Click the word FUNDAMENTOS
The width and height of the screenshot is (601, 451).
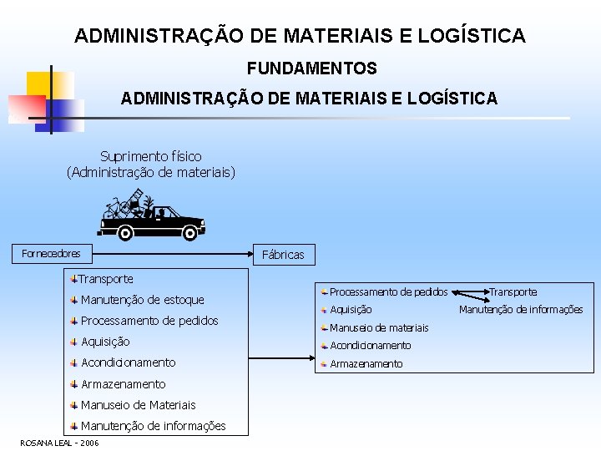[311, 68]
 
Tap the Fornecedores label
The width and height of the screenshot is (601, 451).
[51, 253]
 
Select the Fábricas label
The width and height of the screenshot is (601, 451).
[283, 255]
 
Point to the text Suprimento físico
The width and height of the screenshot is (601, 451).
[150, 156]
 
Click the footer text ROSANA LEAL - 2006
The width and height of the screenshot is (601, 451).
[59, 443]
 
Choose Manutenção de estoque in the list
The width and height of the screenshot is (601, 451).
[142, 300]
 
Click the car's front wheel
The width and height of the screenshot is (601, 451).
[189, 233]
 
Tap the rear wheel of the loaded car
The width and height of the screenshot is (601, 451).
[125, 232]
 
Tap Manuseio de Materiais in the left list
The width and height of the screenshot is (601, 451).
[138, 405]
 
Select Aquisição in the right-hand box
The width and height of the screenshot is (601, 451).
[351, 310]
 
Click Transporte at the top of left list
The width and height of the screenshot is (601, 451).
[106, 279]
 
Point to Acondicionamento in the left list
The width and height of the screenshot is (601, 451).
[128, 362]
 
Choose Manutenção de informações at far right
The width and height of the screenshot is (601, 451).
[521, 310]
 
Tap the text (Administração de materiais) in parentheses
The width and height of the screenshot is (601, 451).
[151, 173]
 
